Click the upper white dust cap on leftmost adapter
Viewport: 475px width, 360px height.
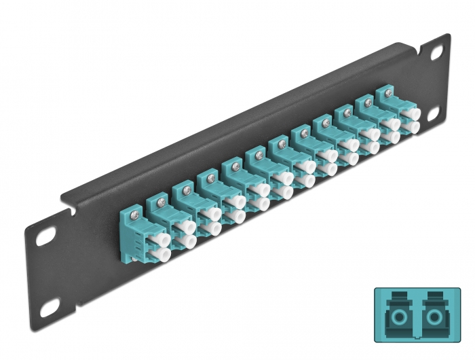coord(164,237)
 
